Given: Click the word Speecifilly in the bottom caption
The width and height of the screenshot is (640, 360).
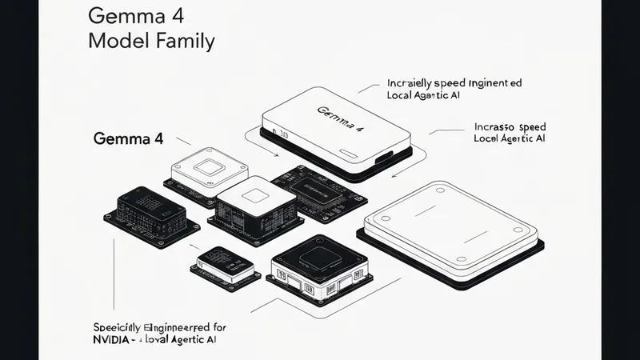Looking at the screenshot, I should point(118,326).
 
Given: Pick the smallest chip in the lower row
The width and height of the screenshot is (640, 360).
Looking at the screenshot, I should point(225,261).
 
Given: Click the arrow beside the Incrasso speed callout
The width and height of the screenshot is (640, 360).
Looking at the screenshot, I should point(438,130).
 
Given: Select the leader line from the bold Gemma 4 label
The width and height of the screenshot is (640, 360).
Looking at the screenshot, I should point(183,141).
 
